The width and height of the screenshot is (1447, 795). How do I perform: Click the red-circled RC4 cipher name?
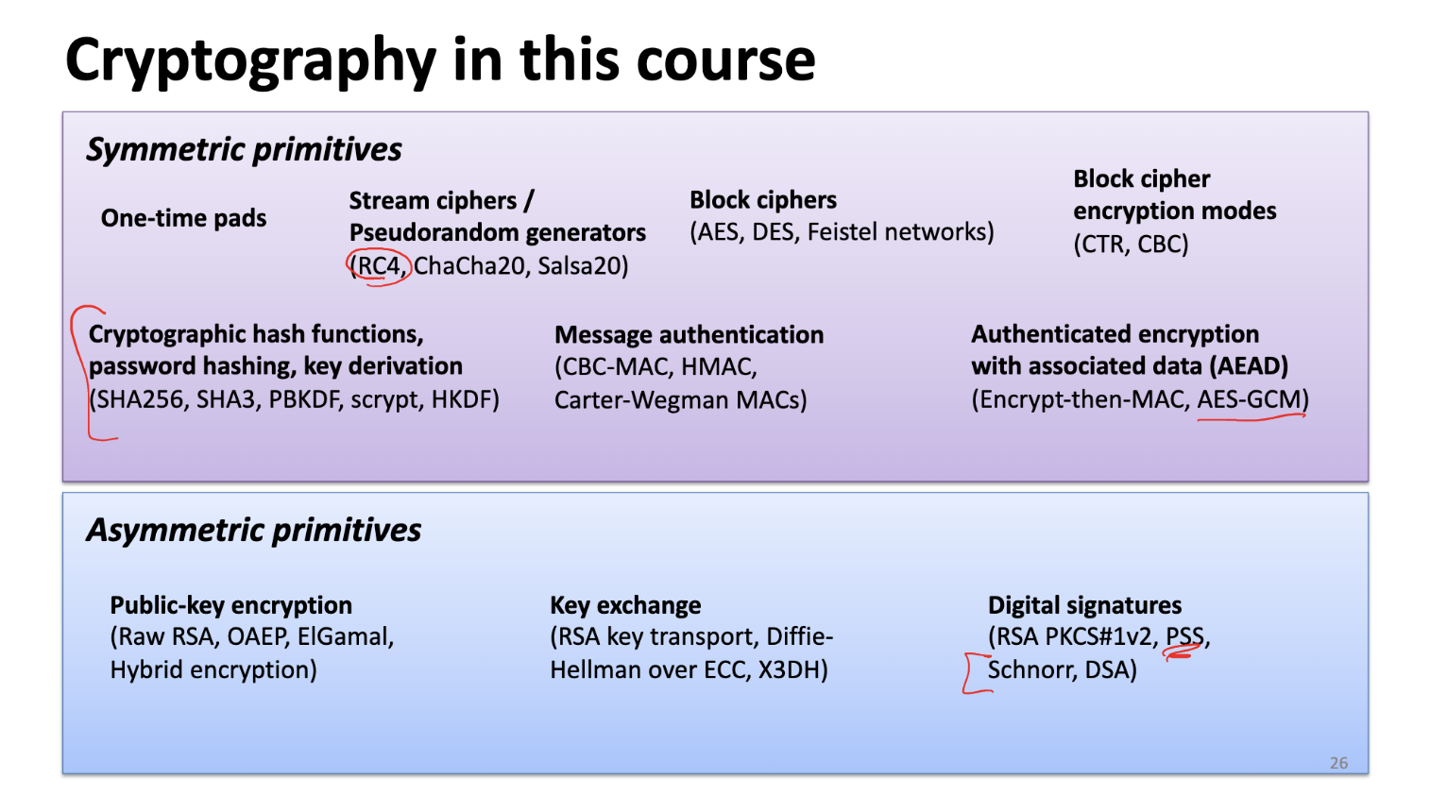pos(380,266)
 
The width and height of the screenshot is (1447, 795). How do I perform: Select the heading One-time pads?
pos(183,218)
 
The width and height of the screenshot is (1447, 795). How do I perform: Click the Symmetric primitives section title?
pos(244,149)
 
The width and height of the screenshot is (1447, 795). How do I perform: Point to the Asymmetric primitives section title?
pos(253,530)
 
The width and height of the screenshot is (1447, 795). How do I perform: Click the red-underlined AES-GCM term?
pos(1249,399)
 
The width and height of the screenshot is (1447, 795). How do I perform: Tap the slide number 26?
pos(1338,763)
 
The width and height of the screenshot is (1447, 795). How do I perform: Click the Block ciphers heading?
pos(763,200)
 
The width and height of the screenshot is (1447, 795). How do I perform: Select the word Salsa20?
pos(582,266)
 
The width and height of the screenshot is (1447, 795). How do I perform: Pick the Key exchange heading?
pos(625,605)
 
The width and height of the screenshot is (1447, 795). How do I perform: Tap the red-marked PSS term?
pos(1184,636)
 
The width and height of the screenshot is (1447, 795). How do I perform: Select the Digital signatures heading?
pos(1084,605)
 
